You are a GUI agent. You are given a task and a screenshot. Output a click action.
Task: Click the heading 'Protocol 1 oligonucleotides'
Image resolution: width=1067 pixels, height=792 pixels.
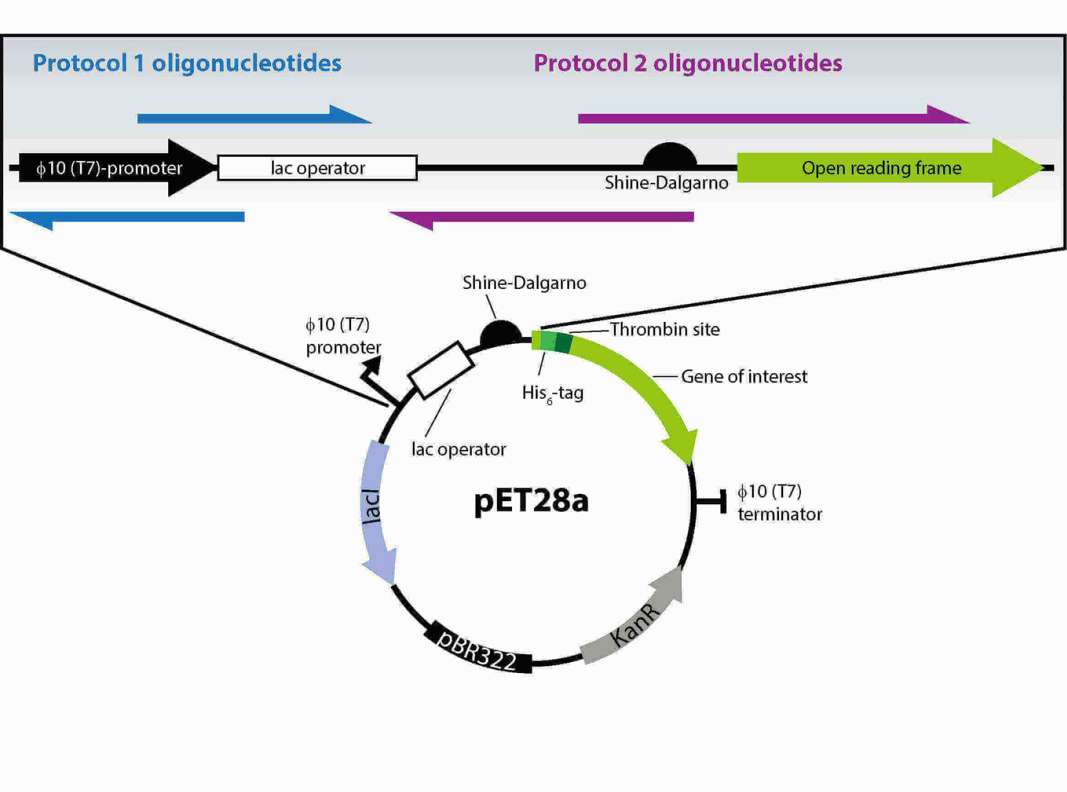coord(187,63)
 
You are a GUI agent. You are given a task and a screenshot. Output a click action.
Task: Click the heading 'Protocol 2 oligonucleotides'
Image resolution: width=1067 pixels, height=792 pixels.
coord(688,63)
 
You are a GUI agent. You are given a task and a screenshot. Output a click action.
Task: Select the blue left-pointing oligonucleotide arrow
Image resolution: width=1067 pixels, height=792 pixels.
coord(134,217)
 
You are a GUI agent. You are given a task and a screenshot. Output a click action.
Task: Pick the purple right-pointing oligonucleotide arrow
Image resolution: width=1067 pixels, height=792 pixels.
coord(767,118)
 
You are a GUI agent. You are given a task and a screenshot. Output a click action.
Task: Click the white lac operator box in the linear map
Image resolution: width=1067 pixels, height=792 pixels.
coord(317,168)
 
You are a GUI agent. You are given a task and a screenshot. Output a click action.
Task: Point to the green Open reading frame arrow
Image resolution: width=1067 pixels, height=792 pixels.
coord(882,168)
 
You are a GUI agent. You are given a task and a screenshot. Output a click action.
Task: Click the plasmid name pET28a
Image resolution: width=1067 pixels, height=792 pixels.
coord(531,501)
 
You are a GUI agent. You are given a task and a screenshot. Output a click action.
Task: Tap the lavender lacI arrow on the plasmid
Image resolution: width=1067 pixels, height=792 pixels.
coord(374,508)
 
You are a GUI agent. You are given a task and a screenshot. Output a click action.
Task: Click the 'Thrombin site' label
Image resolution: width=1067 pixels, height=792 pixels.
coord(664,330)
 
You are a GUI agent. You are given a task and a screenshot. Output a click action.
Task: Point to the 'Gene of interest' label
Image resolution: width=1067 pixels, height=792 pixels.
coord(744,377)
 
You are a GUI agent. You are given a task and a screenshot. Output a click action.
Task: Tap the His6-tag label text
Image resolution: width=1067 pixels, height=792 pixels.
coord(553,394)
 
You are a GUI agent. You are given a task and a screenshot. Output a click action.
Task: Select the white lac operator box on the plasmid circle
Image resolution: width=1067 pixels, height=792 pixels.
coord(441,369)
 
